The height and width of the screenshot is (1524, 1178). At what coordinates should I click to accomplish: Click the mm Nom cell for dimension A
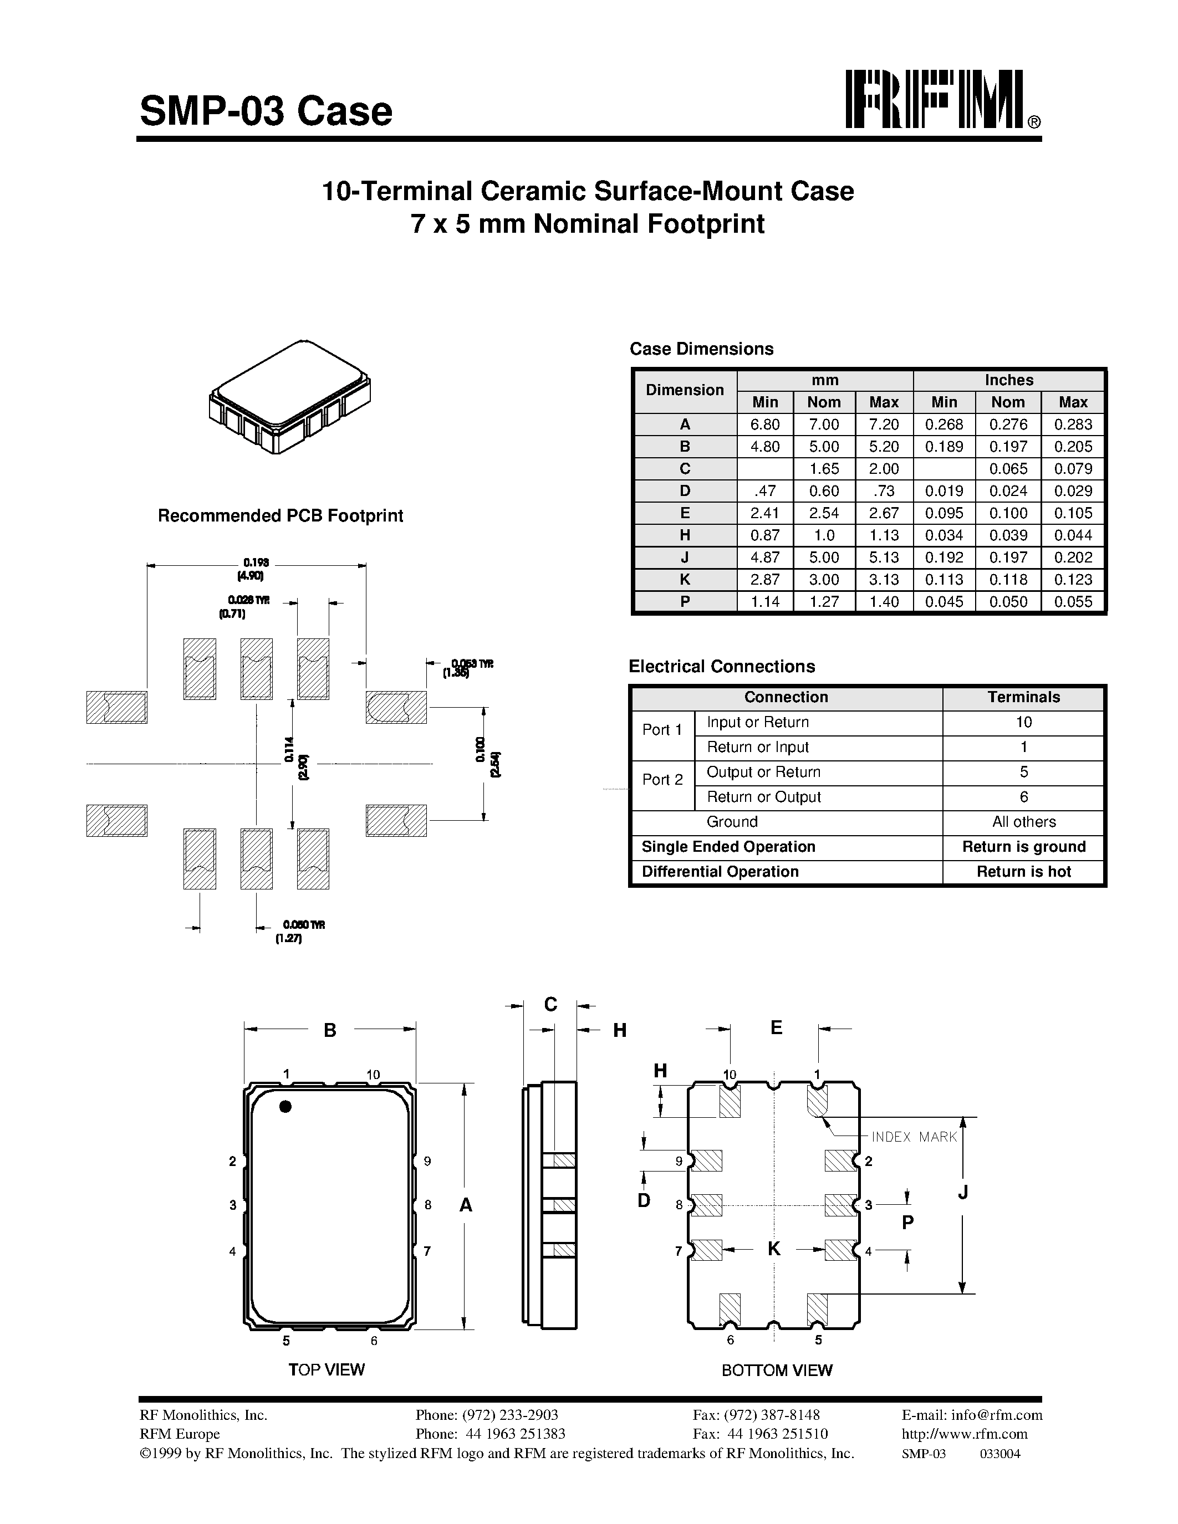tap(823, 425)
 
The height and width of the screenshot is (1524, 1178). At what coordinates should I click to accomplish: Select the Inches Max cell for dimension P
tap(1073, 601)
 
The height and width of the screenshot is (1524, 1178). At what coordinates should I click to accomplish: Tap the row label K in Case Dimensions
tap(685, 579)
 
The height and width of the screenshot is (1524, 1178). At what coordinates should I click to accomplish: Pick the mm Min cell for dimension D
tap(765, 490)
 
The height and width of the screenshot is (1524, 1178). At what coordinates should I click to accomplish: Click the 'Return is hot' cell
tap(1023, 872)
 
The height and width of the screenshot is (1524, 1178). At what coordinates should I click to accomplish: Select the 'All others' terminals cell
tap(1023, 821)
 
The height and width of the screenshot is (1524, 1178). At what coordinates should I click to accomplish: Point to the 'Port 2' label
tap(662, 779)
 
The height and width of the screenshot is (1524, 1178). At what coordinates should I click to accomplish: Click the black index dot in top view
tap(285, 1107)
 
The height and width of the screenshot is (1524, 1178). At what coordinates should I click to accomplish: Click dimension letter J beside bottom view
tap(963, 1192)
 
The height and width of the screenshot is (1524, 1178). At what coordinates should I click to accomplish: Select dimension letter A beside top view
tap(466, 1205)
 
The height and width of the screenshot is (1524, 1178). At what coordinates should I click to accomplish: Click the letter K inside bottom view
tap(774, 1249)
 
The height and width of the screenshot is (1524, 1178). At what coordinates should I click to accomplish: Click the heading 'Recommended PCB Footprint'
tap(281, 516)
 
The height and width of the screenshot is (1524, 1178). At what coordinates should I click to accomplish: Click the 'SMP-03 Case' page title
tap(266, 111)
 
